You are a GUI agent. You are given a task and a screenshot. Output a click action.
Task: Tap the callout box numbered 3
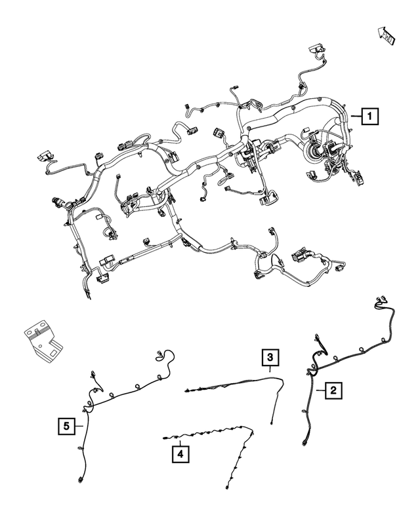(x=270, y=358)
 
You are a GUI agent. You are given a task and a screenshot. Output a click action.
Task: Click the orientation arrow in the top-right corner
(x=387, y=34)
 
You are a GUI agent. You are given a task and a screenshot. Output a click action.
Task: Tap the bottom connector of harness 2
(x=308, y=443)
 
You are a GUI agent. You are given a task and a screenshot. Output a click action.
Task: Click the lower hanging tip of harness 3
(x=270, y=423)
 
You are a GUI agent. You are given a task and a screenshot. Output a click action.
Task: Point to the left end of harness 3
(x=188, y=390)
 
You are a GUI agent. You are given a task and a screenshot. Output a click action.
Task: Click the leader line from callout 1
(x=355, y=117)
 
